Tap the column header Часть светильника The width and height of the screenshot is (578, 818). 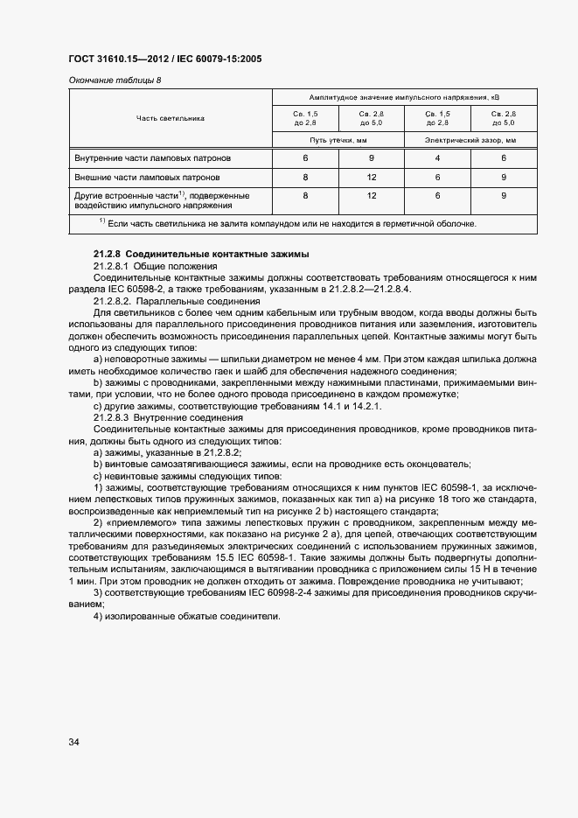pyautogui.click(x=170, y=117)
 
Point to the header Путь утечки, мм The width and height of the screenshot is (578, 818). pyautogui.click(x=338, y=139)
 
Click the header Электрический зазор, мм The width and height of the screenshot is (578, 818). pyautogui.click(x=470, y=139)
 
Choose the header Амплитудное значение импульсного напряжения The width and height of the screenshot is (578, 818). pyautogui.click(x=404, y=96)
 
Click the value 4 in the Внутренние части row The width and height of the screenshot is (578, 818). pyautogui.click(x=437, y=158)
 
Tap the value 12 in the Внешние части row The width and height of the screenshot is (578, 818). pyautogui.click(x=372, y=177)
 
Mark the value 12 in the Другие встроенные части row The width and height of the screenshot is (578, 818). pyautogui.click(x=372, y=195)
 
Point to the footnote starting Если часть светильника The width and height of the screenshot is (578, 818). pyautogui.click(x=289, y=224)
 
